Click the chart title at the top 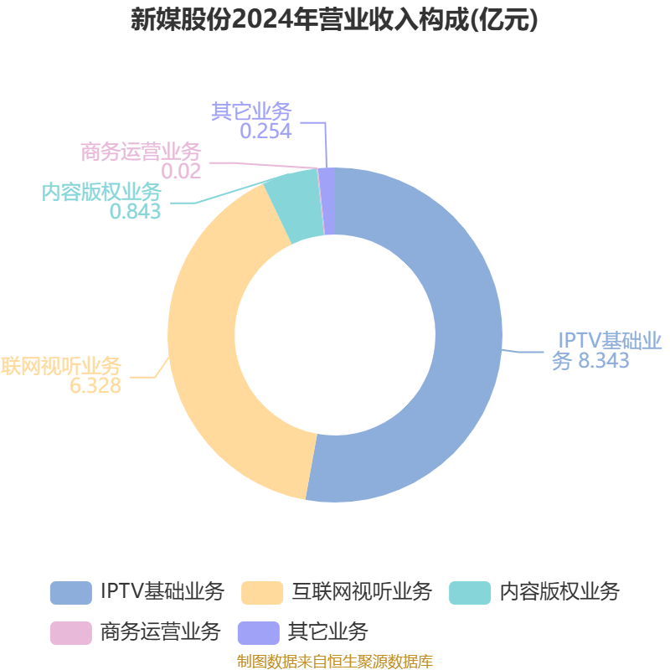tap(335, 20)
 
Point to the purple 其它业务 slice tap(328, 201)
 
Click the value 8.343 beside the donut tap(602, 361)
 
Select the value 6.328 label tap(95, 385)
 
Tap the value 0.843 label tap(135, 211)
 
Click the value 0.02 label tap(181, 171)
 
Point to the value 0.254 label tap(265, 131)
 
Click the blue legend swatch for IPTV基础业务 tap(70, 592)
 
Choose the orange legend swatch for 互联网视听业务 tap(261, 592)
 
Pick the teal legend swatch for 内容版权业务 tap(470, 592)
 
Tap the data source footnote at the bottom tap(335, 662)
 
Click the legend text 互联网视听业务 tap(361, 592)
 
